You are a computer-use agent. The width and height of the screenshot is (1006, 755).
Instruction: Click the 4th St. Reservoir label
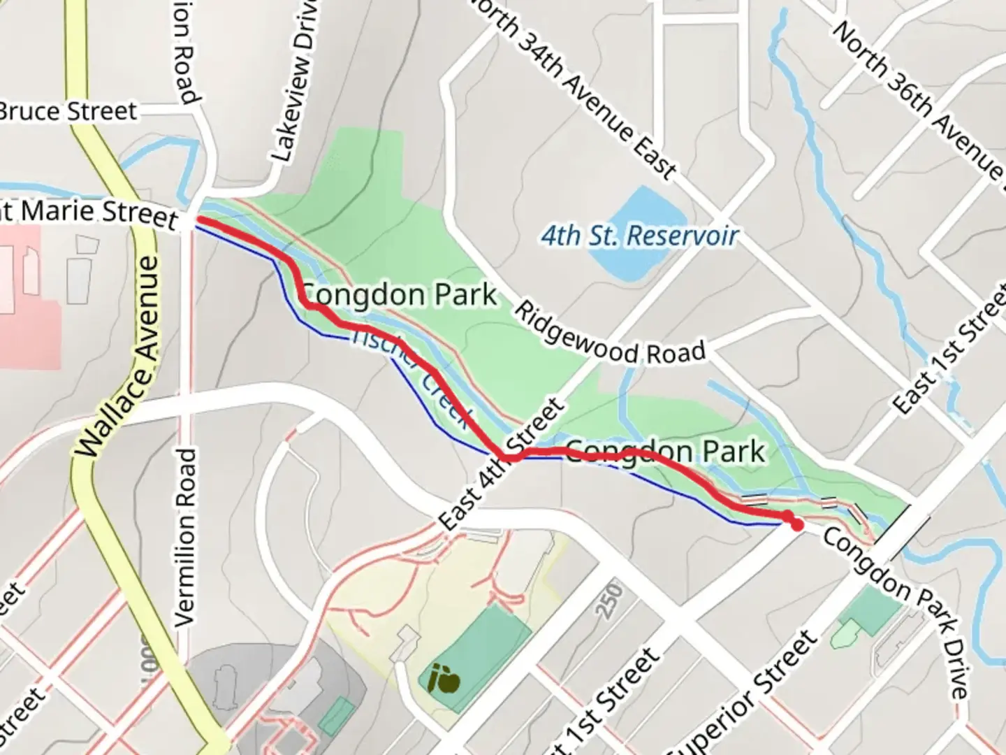(x=639, y=236)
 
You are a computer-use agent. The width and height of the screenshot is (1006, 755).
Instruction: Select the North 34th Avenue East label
(x=573, y=87)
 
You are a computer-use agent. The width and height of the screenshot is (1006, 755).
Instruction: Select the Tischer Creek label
(x=412, y=377)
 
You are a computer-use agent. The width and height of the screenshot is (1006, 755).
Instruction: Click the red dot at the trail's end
(x=796, y=525)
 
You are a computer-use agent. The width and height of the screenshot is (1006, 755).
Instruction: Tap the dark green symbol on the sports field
(x=445, y=679)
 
